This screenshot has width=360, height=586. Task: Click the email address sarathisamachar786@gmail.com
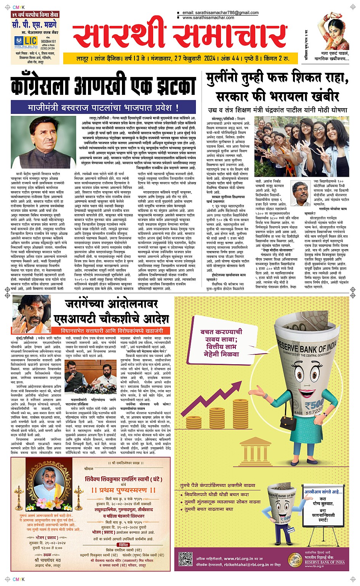221,13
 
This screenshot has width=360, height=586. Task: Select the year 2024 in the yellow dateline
210,58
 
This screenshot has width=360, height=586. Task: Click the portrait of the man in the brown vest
43,142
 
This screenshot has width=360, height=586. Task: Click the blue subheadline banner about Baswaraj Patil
103,107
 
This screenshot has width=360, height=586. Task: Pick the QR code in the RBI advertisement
186,558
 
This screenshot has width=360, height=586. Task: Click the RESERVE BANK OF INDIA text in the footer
325,562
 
